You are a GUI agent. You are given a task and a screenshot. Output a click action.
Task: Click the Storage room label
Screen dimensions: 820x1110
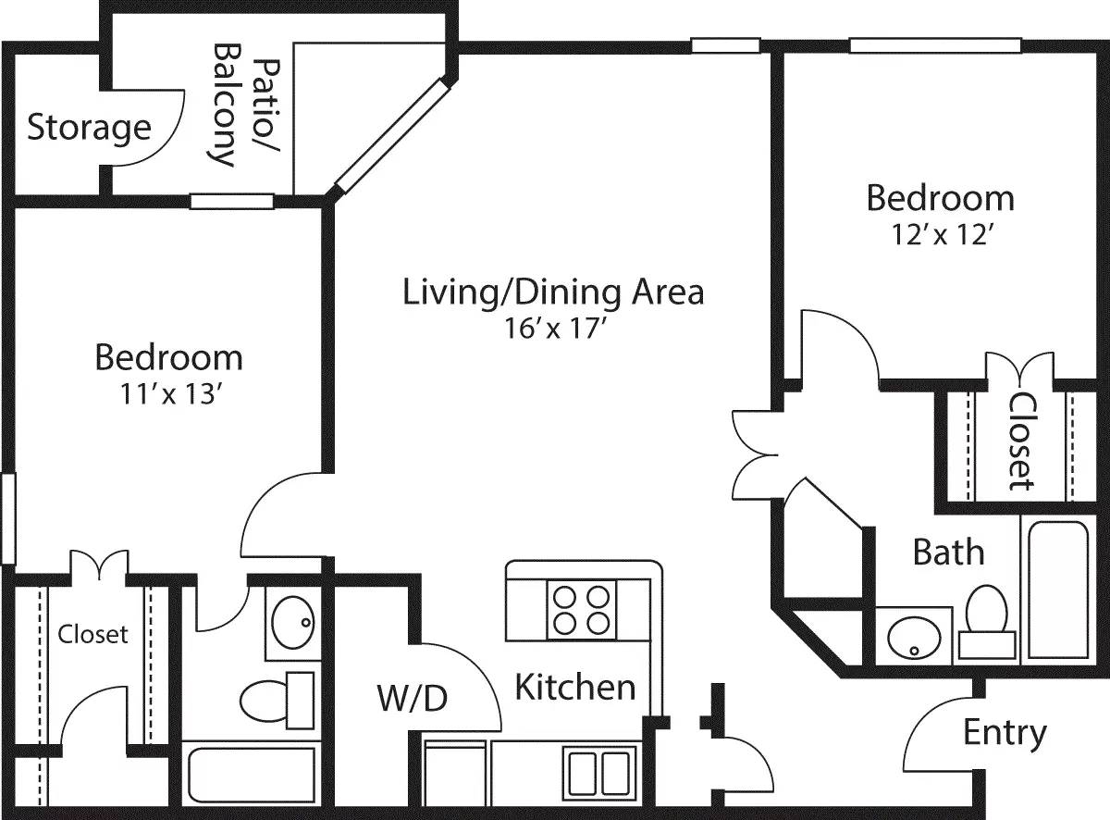[x=89, y=127]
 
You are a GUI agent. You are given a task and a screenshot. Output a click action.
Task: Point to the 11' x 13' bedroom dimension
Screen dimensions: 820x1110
[x=168, y=394]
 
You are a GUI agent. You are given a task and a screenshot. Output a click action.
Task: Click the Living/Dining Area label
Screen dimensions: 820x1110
[x=553, y=292]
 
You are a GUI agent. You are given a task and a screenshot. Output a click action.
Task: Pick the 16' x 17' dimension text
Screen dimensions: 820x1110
[x=553, y=329]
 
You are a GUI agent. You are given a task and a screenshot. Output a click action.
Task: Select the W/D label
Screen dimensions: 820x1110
[x=412, y=699]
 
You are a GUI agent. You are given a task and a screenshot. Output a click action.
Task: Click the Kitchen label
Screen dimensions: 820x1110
[x=574, y=687]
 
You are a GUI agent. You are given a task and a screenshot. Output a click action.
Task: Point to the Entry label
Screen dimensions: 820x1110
[x=1005, y=733]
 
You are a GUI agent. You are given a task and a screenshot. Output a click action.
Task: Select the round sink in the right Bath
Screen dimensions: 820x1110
[x=914, y=636]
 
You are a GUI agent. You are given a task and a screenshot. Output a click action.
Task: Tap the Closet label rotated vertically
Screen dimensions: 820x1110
[x=1021, y=441]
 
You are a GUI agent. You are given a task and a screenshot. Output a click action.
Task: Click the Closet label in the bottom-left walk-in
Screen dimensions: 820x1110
[x=92, y=635]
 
